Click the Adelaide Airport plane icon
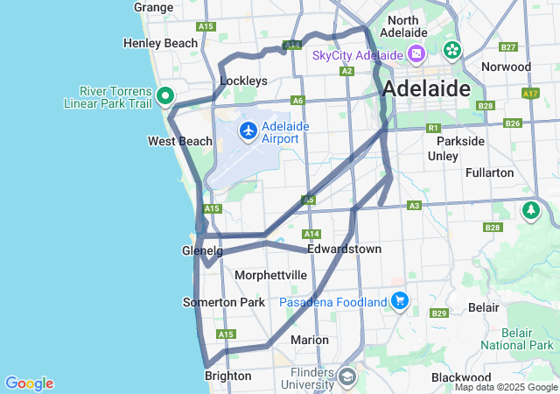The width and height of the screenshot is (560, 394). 248,131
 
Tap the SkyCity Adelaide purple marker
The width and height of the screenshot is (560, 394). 416,55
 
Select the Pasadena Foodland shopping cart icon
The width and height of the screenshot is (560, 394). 400,301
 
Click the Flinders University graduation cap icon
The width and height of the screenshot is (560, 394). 346,377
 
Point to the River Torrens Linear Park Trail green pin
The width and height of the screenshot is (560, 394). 164,96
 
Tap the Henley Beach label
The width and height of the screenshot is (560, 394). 161,43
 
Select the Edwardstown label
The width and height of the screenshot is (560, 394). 344,250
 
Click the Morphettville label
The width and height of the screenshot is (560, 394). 270,275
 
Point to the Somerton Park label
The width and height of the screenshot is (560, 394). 223,302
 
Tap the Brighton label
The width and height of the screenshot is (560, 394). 227,376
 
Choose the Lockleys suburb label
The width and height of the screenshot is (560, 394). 243,81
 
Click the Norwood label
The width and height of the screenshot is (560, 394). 506,67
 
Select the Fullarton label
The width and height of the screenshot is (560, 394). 490,172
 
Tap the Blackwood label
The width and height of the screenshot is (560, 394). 456,377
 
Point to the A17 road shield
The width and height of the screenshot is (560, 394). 529,92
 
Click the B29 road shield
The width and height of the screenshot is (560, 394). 439,313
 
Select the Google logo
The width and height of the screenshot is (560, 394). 29,383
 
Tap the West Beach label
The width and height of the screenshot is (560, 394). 179,141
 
